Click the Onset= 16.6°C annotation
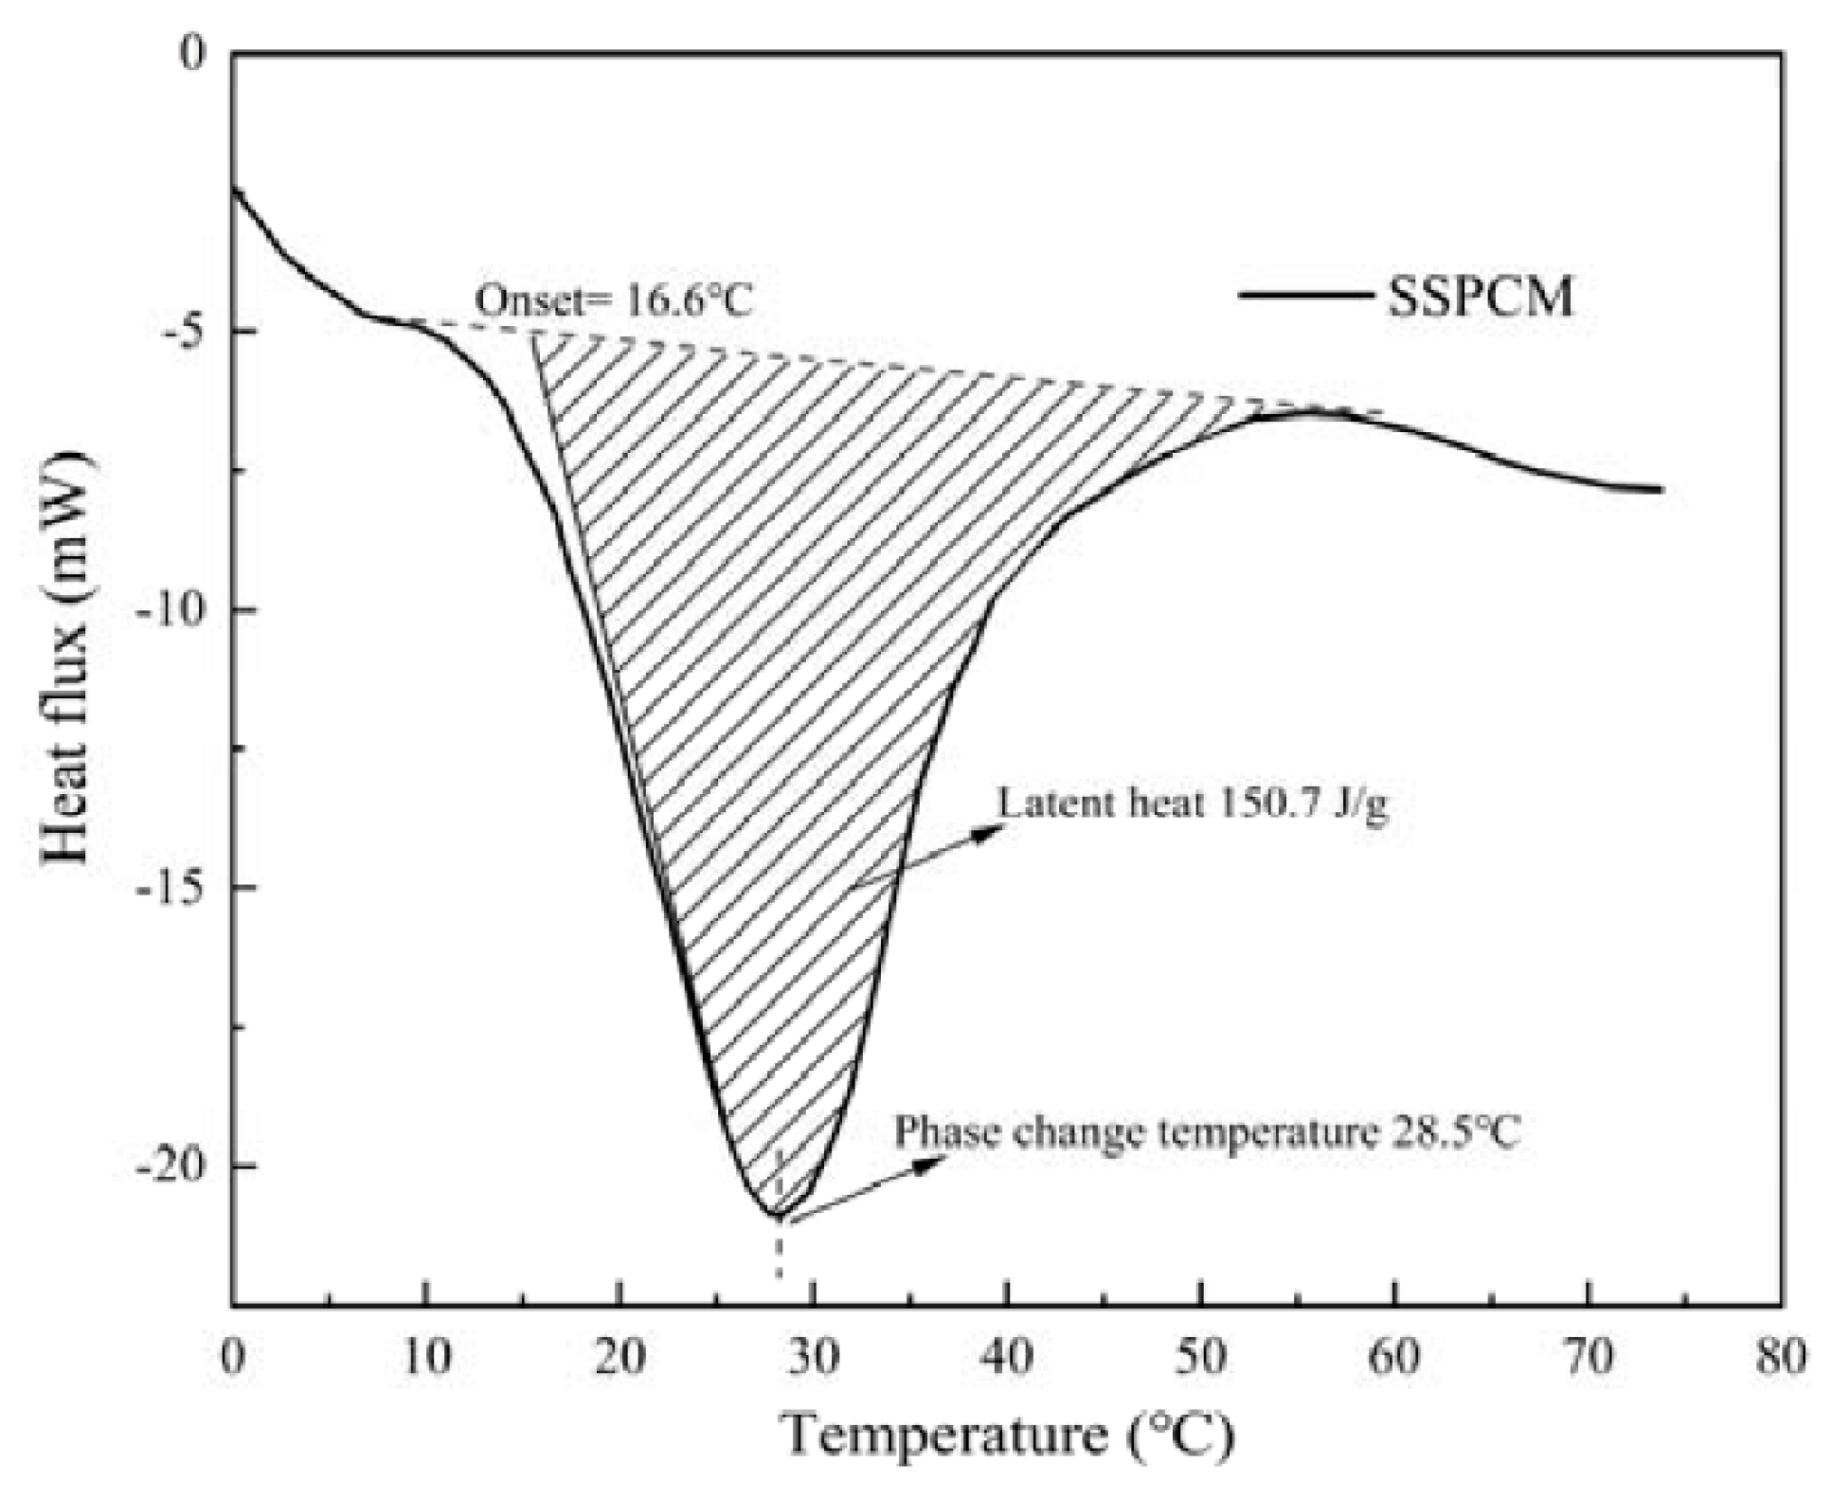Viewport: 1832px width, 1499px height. point(614,301)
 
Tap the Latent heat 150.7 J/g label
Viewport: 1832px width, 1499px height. point(1192,803)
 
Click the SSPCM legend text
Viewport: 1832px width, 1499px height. point(1480,296)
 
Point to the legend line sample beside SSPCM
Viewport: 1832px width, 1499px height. point(1304,295)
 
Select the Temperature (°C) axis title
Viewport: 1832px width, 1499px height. point(1008,1434)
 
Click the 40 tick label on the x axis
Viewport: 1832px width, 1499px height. point(1007,1357)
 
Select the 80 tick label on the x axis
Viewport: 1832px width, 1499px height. point(1781,1357)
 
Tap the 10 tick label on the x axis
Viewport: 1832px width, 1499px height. point(426,1357)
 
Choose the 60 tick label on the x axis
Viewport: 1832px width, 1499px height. point(1394,1357)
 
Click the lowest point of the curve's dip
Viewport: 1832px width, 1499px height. point(775,1215)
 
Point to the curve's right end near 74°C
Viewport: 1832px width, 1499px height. point(1660,490)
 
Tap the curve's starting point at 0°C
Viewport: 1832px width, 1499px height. point(234,189)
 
